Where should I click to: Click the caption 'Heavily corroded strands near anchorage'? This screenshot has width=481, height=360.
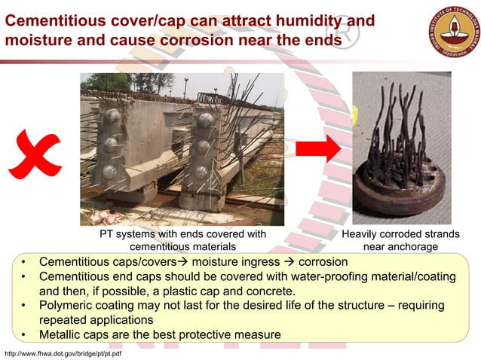(x=400, y=240)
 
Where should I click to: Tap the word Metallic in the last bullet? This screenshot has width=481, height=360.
(x=63, y=334)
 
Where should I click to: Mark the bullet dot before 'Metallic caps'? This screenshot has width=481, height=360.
(x=24, y=334)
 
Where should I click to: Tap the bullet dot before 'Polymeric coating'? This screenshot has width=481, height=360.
(x=24, y=305)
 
